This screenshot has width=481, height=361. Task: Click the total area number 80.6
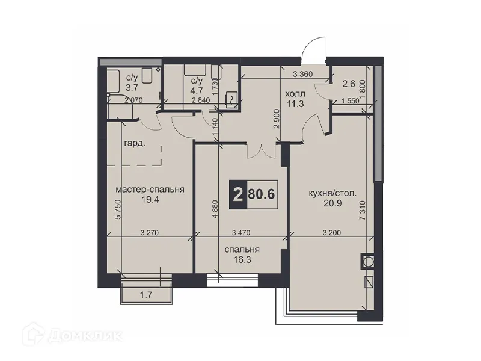(261, 194)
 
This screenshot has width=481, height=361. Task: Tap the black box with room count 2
(239, 194)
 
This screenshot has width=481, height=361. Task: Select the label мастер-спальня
(150, 190)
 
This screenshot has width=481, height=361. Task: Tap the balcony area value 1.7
(144, 294)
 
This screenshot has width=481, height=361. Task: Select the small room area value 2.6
(349, 85)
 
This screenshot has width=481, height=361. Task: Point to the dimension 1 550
(351, 101)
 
